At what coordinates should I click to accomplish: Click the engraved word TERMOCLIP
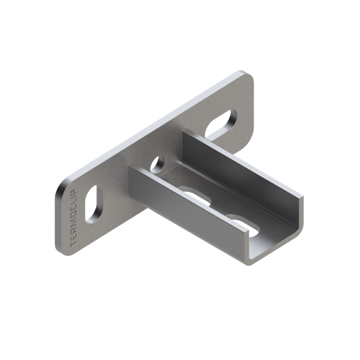(74, 218)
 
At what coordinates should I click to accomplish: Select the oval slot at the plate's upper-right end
(220, 124)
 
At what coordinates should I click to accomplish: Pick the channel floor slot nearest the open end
(243, 226)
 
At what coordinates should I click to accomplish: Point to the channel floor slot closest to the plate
(196, 196)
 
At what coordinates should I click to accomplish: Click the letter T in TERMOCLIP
(74, 244)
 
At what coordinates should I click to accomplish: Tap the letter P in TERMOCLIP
(74, 191)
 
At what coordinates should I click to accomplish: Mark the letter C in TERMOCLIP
(74, 210)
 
